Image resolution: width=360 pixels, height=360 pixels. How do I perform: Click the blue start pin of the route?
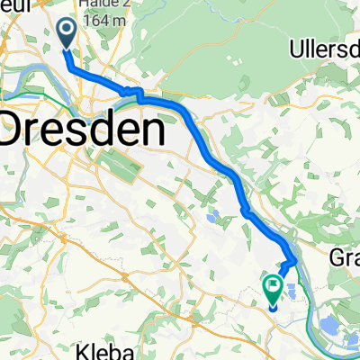coord(68,33)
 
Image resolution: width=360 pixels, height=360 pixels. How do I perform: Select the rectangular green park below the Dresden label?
coord(114,166)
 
